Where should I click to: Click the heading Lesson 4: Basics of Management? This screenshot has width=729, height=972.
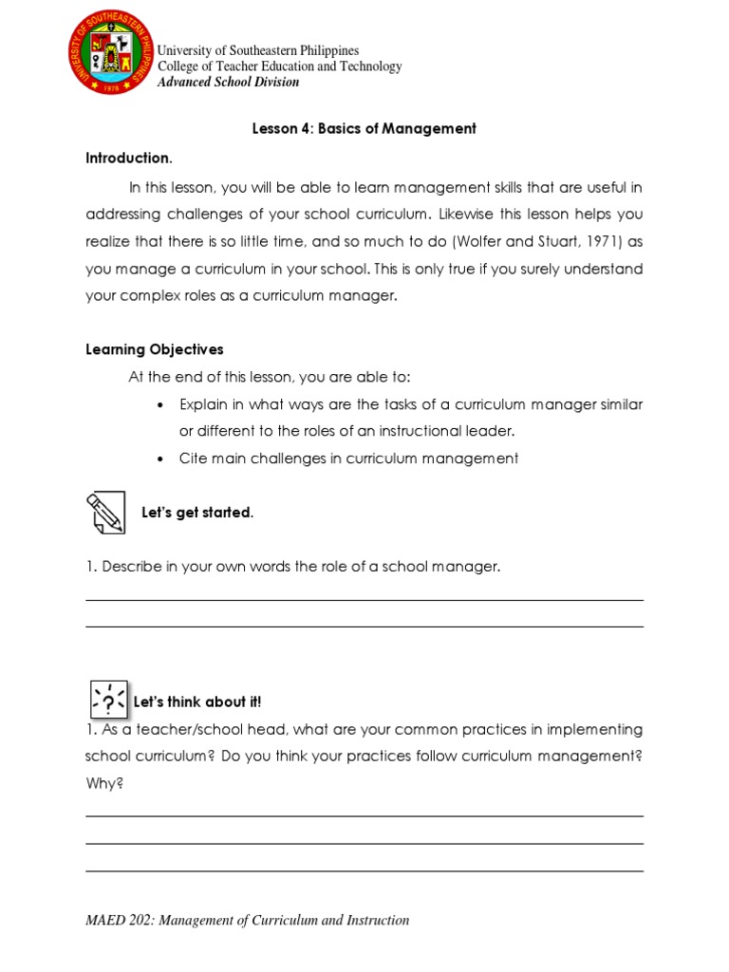click(364, 128)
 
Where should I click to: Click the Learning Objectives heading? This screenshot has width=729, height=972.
click(155, 349)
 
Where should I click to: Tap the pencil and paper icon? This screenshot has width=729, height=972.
click(105, 513)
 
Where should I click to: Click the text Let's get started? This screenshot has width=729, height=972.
click(197, 513)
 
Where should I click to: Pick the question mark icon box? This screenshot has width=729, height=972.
click(108, 700)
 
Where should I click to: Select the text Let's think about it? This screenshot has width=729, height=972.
click(197, 702)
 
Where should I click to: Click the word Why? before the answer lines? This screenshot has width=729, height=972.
click(104, 784)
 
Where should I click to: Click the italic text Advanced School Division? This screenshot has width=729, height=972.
click(228, 82)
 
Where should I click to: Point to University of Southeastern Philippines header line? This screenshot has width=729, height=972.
click(257, 50)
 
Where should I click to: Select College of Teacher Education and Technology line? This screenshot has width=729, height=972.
click(279, 66)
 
